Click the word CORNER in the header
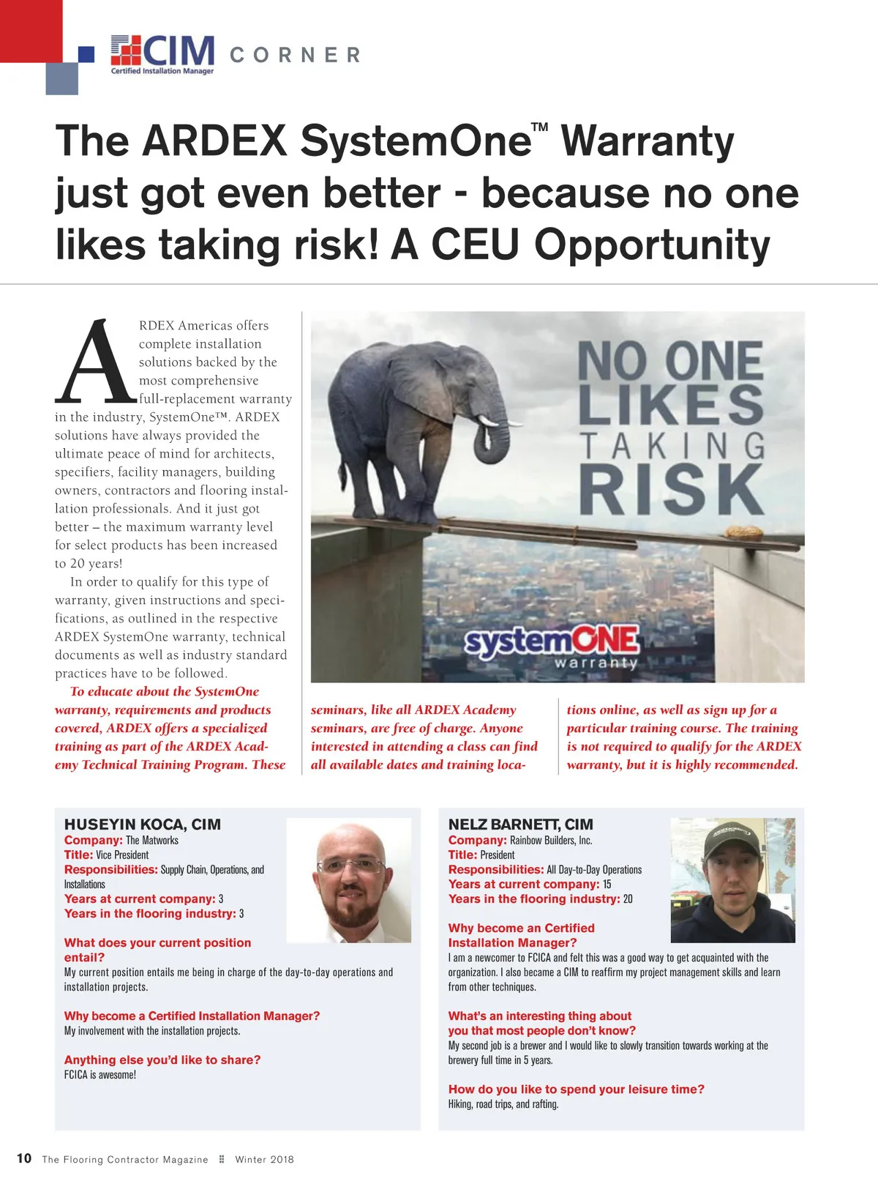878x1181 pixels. [x=296, y=56]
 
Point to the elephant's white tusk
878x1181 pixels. [x=498, y=422]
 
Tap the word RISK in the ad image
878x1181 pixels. [x=672, y=489]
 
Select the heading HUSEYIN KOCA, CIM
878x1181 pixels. [x=143, y=824]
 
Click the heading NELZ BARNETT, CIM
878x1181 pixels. [x=520, y=824]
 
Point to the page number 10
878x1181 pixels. [x=24, y=1158]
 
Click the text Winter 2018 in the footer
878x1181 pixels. [x=264, y=1159]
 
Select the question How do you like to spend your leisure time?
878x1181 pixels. [x=576, y=1089]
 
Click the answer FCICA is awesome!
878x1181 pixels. [x=100, y=1075]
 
